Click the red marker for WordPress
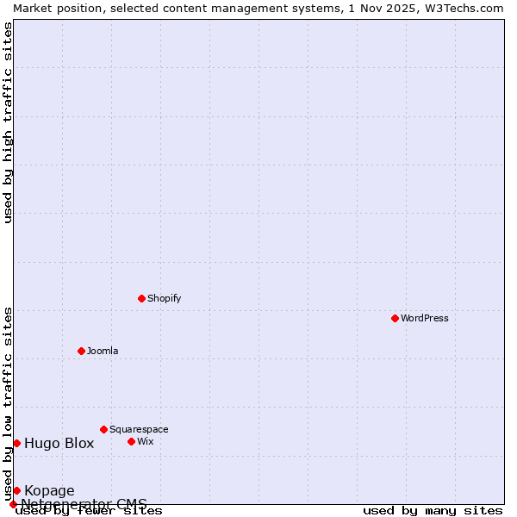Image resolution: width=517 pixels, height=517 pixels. click(395, 318)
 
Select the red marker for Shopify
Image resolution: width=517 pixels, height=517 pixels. click(141, 298)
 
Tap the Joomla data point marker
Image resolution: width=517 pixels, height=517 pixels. click(81, 351)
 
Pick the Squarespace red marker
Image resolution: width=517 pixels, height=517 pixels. click(103, 429)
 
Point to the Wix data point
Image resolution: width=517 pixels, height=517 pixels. click(131, 441)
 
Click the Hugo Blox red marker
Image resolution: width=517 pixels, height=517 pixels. click(16, 443)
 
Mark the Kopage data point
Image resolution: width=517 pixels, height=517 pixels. click(16, 490)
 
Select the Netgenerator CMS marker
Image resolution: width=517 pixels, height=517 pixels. click(13, 504)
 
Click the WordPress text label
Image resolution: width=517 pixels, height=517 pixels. click(425, 318)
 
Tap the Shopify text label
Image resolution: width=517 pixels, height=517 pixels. click(165, 298)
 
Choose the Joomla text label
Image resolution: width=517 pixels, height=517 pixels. click(103, 351)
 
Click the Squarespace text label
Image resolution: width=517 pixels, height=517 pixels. click(139, 429)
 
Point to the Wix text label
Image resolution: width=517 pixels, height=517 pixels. click(146, 441)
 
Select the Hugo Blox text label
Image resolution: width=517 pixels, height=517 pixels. click(59, 444)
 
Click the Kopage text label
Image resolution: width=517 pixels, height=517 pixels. click(49, 491)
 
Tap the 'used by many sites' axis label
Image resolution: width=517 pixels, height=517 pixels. click(433, 511)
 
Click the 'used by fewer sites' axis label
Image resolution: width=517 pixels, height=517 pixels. click(90, 511)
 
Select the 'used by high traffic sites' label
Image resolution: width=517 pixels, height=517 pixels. click(9, 122)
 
